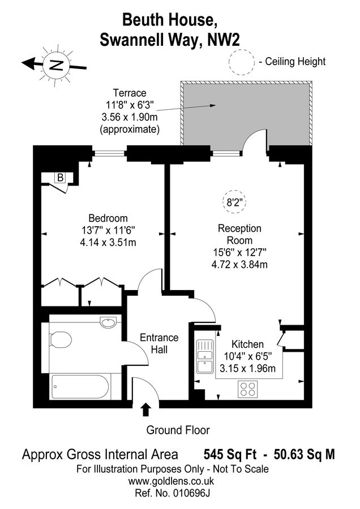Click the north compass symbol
coord(55,63)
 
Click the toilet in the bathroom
coord(59,340)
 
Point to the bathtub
coord(80,387)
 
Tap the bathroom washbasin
coord(108,323)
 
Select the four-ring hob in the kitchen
coord(247,389)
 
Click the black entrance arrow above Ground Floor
coord(145,408)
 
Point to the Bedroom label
coord(108,218)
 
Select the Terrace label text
coord(129,93)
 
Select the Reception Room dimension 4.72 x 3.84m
coord(239,264)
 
